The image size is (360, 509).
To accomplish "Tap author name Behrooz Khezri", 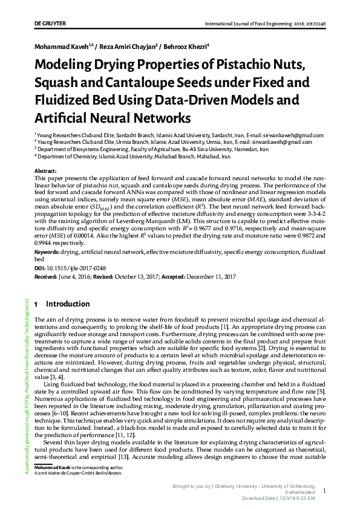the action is click(x=188, y=46).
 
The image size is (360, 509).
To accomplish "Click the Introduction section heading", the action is click(x=68, y=303).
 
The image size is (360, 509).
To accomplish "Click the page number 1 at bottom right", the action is click(x=325, y=492).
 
